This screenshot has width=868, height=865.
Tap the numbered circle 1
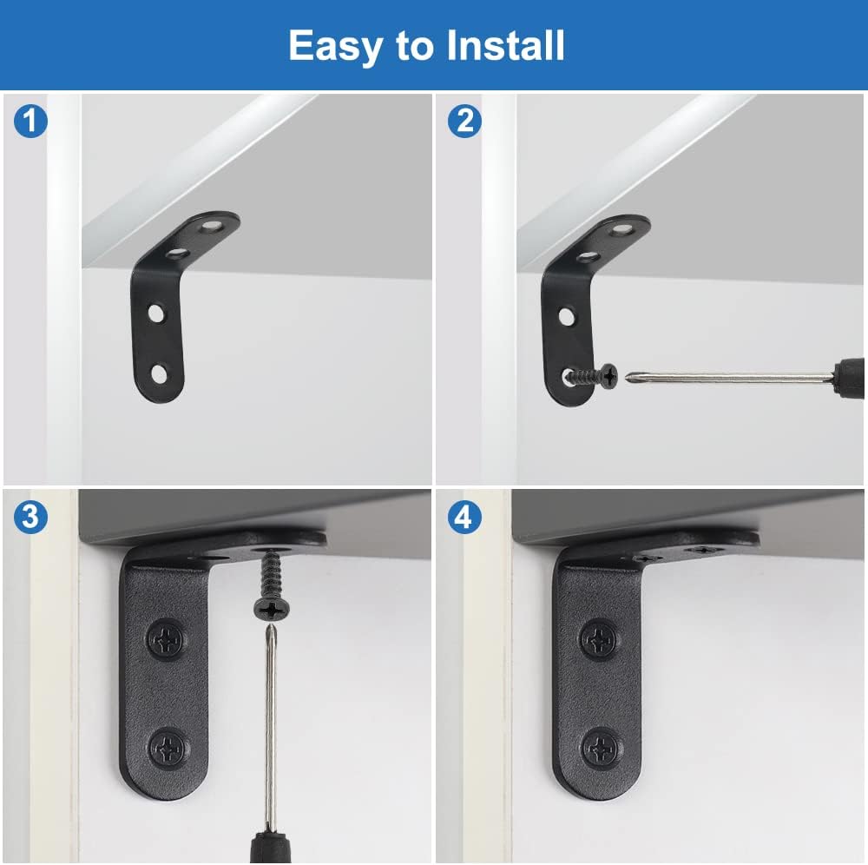30,122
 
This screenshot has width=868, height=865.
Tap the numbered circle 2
464,122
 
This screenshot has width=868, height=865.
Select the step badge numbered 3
30,517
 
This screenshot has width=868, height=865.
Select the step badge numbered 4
464,517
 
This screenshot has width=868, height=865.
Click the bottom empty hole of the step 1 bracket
160,374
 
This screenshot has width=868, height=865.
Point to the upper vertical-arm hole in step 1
156,313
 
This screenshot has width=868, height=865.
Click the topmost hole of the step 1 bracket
211,226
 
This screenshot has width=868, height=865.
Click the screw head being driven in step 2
609,377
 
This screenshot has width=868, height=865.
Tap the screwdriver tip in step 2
628,377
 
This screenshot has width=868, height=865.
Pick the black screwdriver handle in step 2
849,379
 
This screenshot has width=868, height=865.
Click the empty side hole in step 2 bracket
566,317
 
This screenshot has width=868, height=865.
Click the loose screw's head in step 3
272,610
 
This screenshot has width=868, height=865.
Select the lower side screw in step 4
602,748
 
